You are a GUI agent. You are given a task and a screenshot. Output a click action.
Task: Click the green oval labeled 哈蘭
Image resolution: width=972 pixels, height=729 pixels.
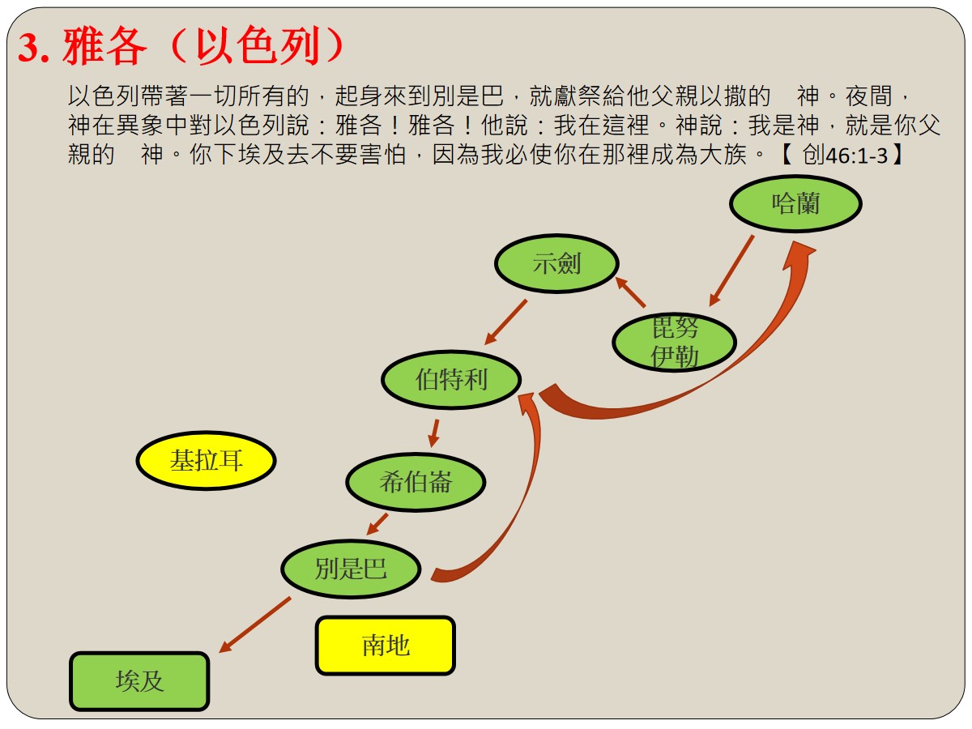(795, 203)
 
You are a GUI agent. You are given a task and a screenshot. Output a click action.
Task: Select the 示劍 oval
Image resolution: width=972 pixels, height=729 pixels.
(556, 264)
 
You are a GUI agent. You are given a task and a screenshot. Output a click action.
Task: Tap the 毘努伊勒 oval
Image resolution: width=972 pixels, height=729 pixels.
(674, 342)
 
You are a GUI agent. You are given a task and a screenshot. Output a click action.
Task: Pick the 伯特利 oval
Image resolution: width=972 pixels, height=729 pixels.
(451, 379)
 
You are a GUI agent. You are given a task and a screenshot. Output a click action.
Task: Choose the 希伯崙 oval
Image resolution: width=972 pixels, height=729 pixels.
(416, 482)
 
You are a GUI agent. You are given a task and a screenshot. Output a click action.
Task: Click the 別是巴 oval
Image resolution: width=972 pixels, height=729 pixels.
(351, 569)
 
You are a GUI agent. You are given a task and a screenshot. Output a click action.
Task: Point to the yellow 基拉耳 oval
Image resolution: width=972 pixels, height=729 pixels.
(206, 460)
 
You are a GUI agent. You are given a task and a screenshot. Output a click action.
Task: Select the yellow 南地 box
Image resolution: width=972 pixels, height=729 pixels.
(386, 646)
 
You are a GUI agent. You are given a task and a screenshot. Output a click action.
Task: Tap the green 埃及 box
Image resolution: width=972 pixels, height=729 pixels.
(139, 681)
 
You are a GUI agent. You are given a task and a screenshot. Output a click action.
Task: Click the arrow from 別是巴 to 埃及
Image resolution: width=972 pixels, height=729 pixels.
(255, 625)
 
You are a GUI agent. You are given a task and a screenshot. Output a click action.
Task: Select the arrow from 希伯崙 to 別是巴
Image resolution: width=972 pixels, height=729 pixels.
(377, 524)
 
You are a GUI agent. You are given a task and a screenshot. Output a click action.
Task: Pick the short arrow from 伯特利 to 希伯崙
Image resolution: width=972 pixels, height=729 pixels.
(434, 433)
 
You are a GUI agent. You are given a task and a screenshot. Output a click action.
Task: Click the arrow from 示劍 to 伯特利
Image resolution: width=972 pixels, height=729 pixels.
(505, 322)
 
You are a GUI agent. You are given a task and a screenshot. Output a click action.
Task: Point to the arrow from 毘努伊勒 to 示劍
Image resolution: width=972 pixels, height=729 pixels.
(630, 292)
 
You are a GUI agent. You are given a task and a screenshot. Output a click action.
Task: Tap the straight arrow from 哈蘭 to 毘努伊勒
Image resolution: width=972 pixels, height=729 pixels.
(731, 271)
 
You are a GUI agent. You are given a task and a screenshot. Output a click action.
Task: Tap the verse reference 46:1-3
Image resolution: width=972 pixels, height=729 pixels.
(856, 156)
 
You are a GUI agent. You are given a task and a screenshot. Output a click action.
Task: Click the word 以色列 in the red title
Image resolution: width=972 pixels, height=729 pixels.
(258, 45)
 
